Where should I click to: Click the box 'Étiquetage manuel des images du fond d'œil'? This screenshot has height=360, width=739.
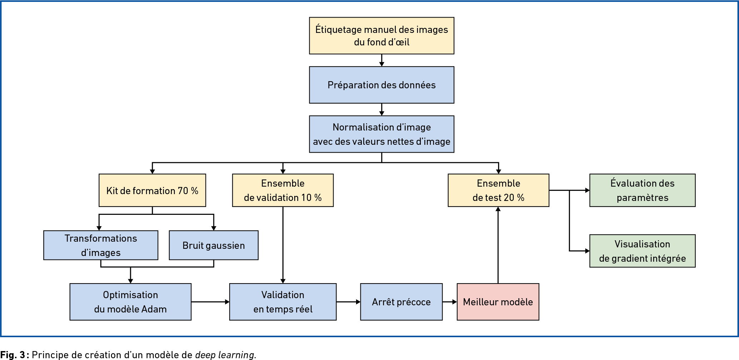[381, 36]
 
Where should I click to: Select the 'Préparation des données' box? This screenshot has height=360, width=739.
[381, 85]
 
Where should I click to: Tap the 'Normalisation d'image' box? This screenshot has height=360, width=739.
[381, 134]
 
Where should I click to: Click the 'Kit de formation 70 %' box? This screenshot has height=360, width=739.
[152, 190]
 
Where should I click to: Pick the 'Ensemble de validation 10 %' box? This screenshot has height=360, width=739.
[283, 190]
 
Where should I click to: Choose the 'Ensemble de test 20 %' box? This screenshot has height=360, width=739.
[498, 190]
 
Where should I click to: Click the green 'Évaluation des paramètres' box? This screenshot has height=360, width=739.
[642, 190]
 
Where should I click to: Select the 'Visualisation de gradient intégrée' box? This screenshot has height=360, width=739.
[642, 251]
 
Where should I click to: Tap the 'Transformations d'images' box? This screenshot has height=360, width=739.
[101, 245]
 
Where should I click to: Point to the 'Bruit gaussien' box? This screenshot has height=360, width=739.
[213, 245]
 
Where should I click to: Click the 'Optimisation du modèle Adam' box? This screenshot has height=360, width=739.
[130, 302]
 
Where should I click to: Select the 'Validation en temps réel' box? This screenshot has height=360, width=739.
[283, 302]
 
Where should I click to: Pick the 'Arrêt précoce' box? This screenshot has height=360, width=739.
[401, 302]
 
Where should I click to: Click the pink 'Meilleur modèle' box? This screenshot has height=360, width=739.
[498, 302]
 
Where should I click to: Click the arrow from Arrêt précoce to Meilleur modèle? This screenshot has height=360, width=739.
[450, 302]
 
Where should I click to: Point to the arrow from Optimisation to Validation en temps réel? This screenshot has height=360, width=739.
[210, 302]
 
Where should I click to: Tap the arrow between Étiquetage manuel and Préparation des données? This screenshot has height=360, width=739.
[381, 60]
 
